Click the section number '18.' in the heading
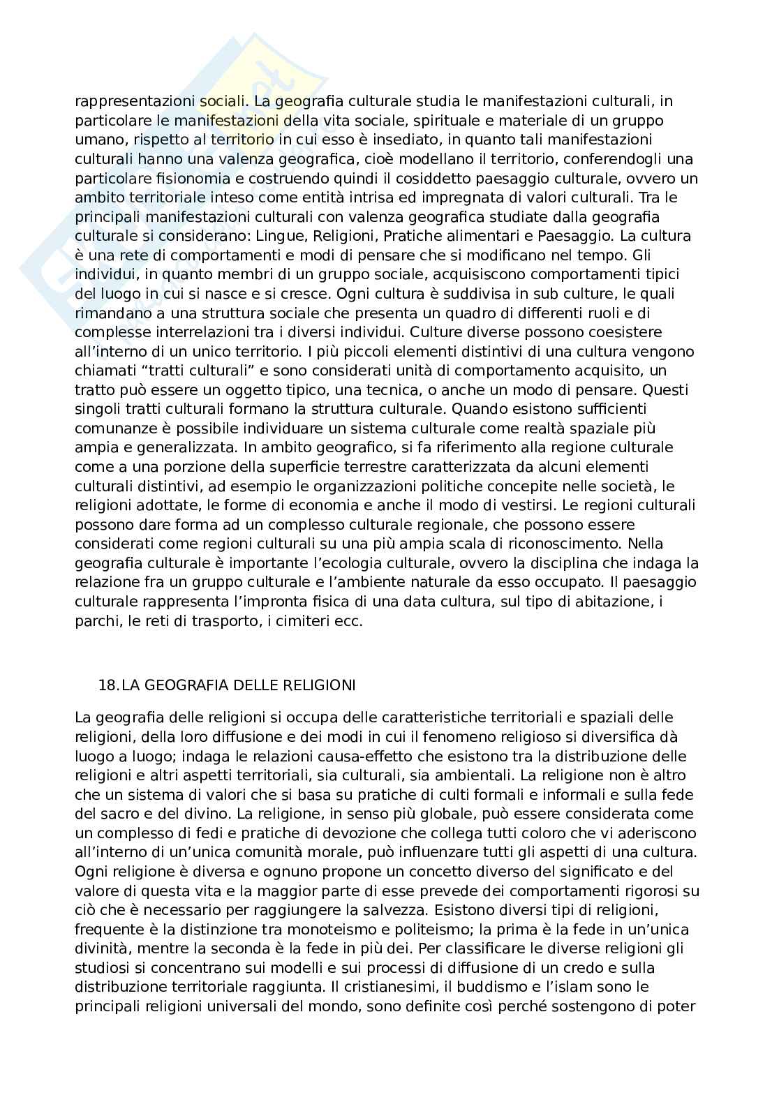109,685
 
